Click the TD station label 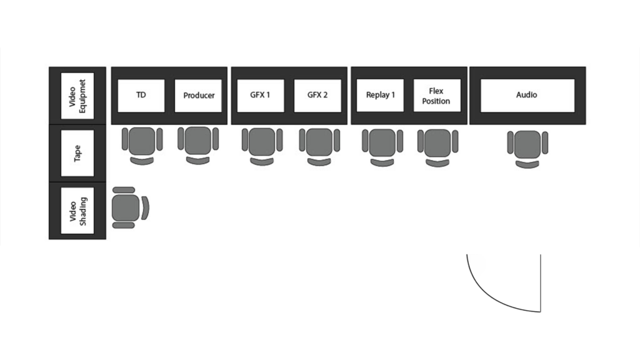[x=141, y=95]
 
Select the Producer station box [x=198, y=96]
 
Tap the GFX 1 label [x=261, y=95]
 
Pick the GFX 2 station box [x=317, y=95]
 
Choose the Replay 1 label [x=380, y=95]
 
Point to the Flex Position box [x=437, y=96]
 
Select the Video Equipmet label [x=77, y=96]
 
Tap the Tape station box [x=77, y=153]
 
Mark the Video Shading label [x=77, y=211]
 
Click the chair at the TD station [x=142, y=146]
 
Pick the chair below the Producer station [x=198, y=145]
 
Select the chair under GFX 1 [x=262, y=146]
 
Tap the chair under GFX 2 [x=319, y=147]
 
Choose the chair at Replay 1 [x=382, y=147]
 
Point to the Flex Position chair [x=437, y=148]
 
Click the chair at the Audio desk [x=527, y=149]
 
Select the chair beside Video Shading [x=130, y=207]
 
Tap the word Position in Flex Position [x=436, y=101]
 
